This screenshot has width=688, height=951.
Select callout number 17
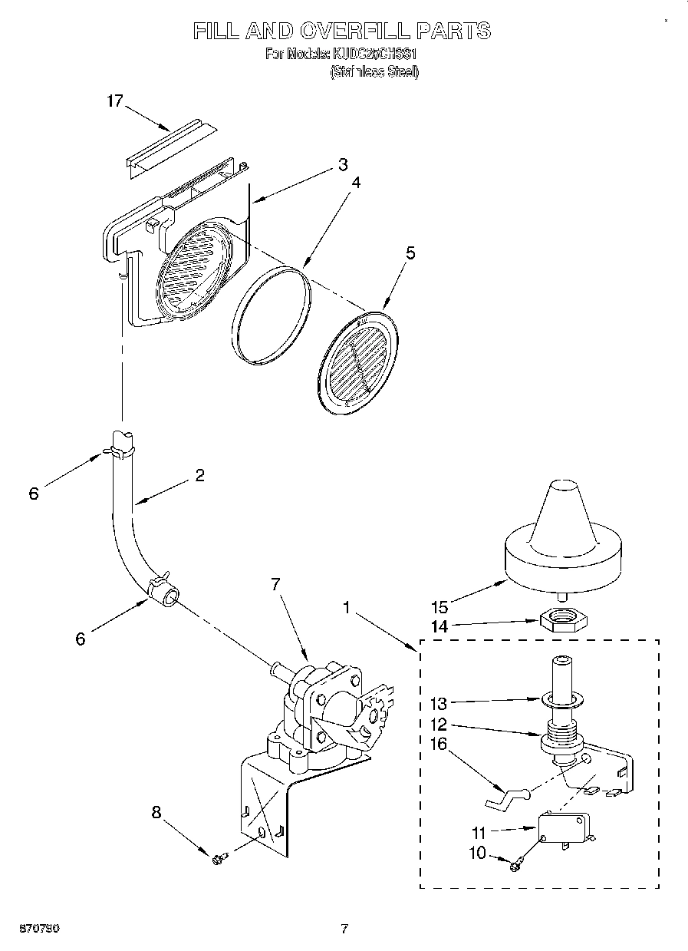coord(114,101)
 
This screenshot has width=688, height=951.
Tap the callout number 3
coord(342,164)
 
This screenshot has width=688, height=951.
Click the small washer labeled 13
coord(564,699)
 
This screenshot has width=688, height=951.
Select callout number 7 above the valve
coord(275,585)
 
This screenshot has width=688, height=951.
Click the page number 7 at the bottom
coord(344,929)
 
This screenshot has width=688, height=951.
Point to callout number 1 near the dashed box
coord(348,608)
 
